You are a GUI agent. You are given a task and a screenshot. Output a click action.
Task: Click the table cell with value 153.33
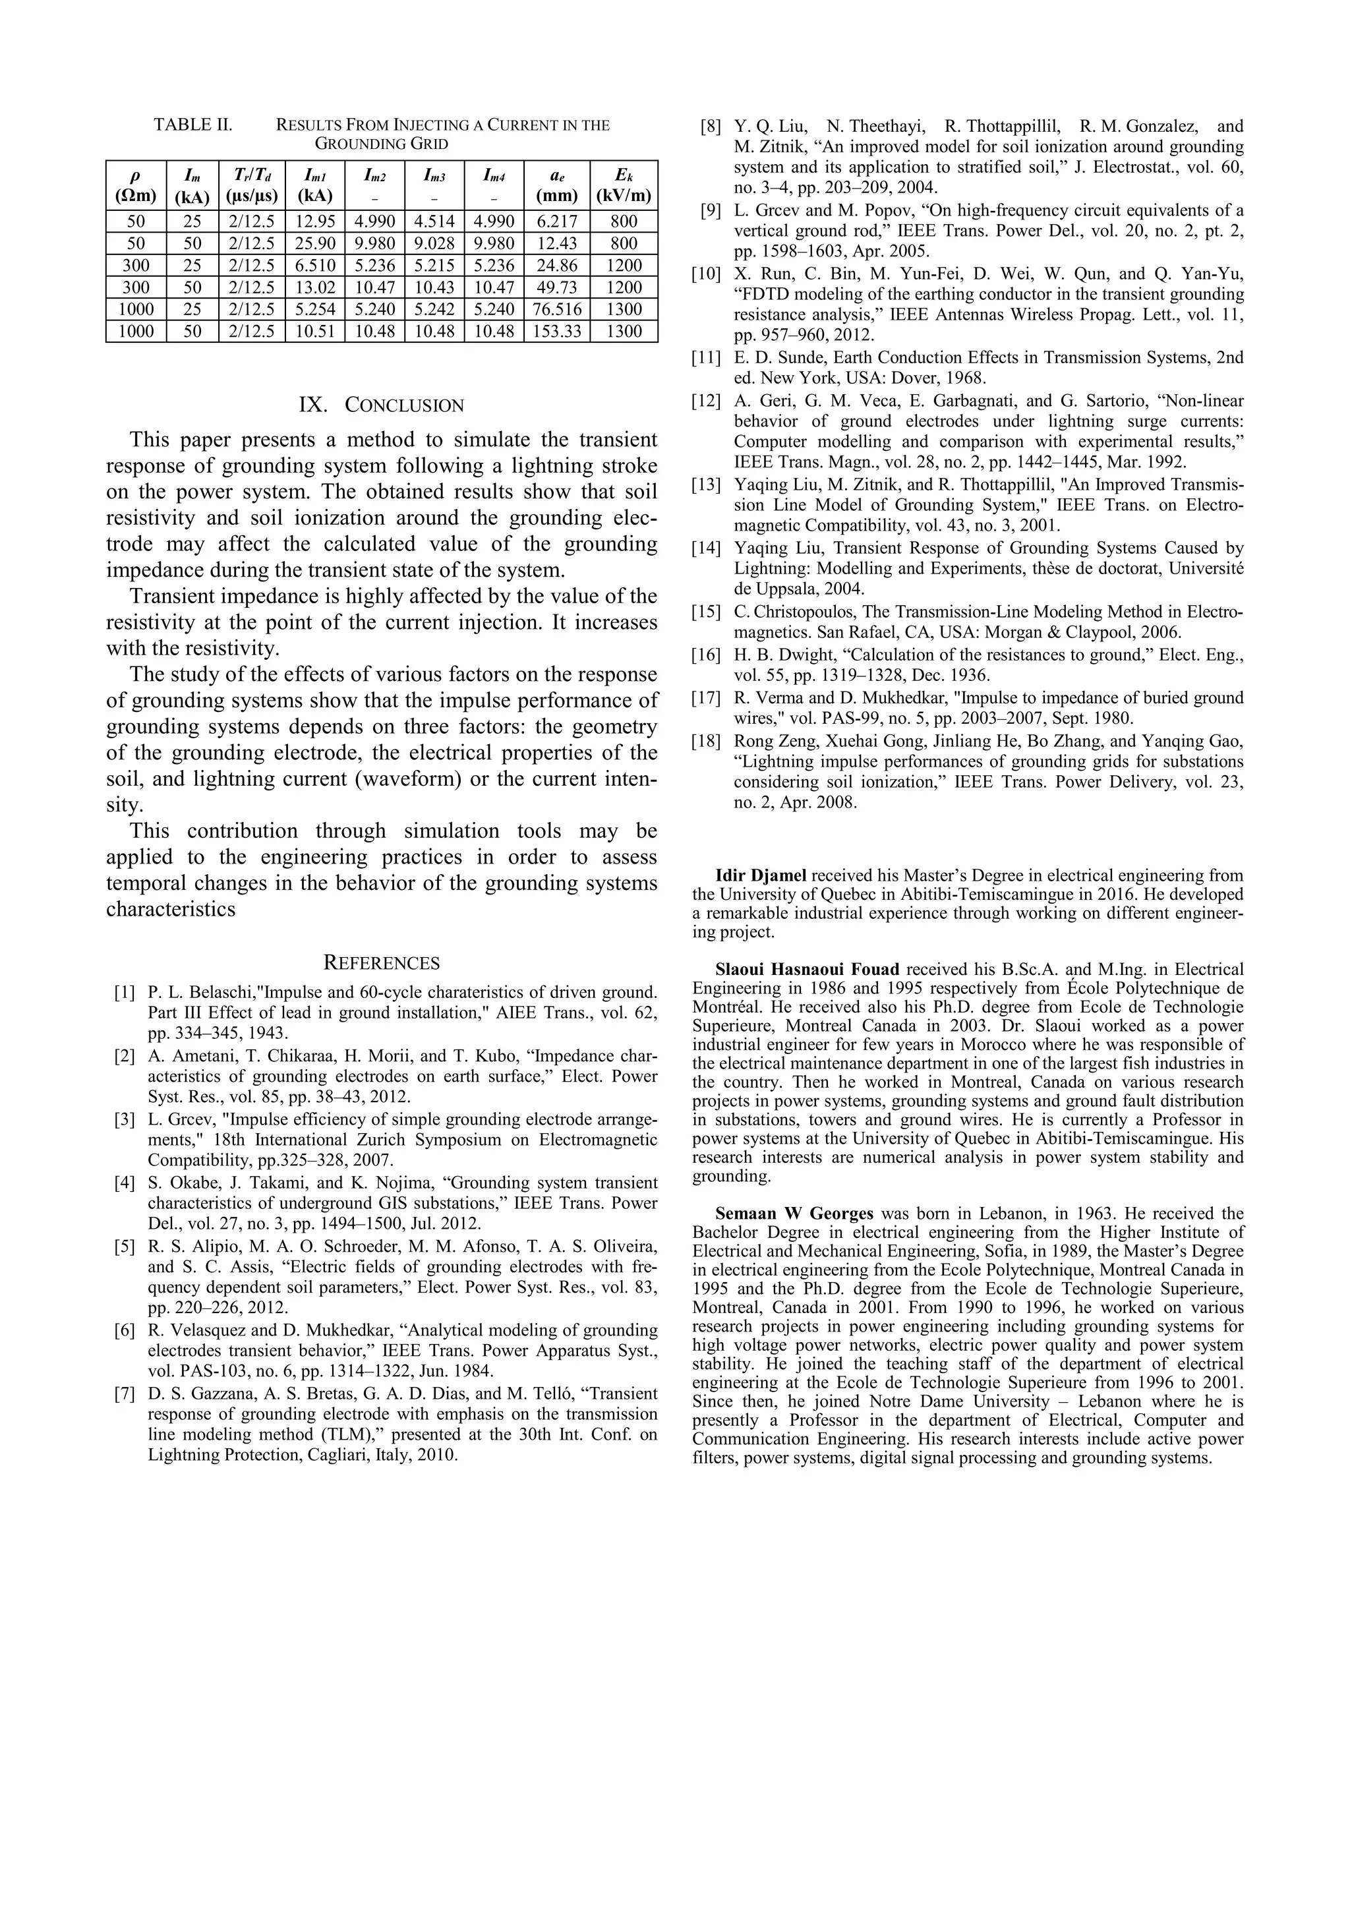(556, 332)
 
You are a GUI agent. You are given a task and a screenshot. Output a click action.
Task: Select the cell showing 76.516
(556, 309)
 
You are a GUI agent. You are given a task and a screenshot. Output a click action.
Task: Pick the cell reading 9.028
(434, 244)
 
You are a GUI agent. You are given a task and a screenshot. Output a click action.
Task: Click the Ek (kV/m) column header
(624, 185)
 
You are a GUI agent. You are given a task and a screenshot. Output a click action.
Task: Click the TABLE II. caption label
(193, 125)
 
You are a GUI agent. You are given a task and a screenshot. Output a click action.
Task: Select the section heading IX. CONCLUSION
(381, 406)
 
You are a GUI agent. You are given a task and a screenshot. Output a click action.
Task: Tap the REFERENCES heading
(381, 964)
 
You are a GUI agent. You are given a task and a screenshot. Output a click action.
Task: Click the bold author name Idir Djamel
(761, 875)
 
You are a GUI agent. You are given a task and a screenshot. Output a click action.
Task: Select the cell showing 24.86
(556, 265)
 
